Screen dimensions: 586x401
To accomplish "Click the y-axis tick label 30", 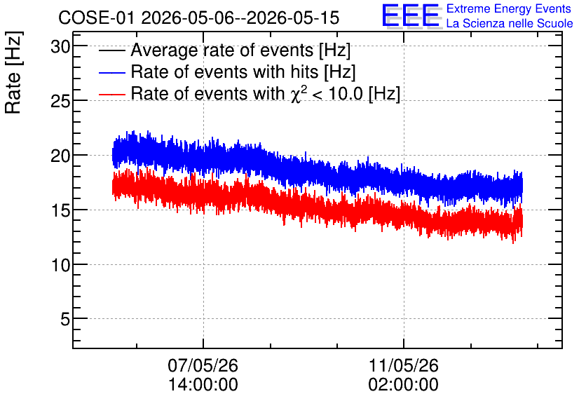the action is [x=60, y=47].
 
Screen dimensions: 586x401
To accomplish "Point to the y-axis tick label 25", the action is [x=60, y=101].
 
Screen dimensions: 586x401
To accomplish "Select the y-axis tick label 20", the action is [x=60, y=156].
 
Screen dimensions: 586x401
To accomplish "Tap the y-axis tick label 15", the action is [x=60, y=210].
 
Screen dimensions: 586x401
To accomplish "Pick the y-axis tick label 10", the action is [x=60, y=265].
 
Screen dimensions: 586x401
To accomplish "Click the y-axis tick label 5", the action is [x=65, y=320].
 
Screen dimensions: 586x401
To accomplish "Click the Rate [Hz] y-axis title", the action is [x=13, y=72].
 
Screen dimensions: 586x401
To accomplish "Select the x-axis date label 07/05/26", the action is [x=203, y=365].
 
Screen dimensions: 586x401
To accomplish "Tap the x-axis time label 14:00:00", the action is [x=203, y=384].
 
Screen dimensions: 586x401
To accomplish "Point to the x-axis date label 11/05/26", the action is [x=404, y=365].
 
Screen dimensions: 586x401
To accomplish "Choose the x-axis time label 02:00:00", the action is [x=404, y=384].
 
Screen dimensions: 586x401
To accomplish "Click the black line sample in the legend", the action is [x=111, y=50].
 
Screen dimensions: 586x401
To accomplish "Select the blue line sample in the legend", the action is [x=111, y=72].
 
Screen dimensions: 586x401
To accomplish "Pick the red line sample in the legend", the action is [x=111, y=94].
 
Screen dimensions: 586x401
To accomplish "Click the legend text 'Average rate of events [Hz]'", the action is [x=240, y=50].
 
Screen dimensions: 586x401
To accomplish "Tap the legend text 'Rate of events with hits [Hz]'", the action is [x=243, y=72].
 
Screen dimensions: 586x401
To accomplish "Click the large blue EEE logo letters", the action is [x=411, y=15].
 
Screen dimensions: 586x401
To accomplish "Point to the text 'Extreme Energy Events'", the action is [x=509, y=8].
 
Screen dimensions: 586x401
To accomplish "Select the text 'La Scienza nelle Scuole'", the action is [x=510, y=23].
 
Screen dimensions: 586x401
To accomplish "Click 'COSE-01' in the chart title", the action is [x=96, y=18].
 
